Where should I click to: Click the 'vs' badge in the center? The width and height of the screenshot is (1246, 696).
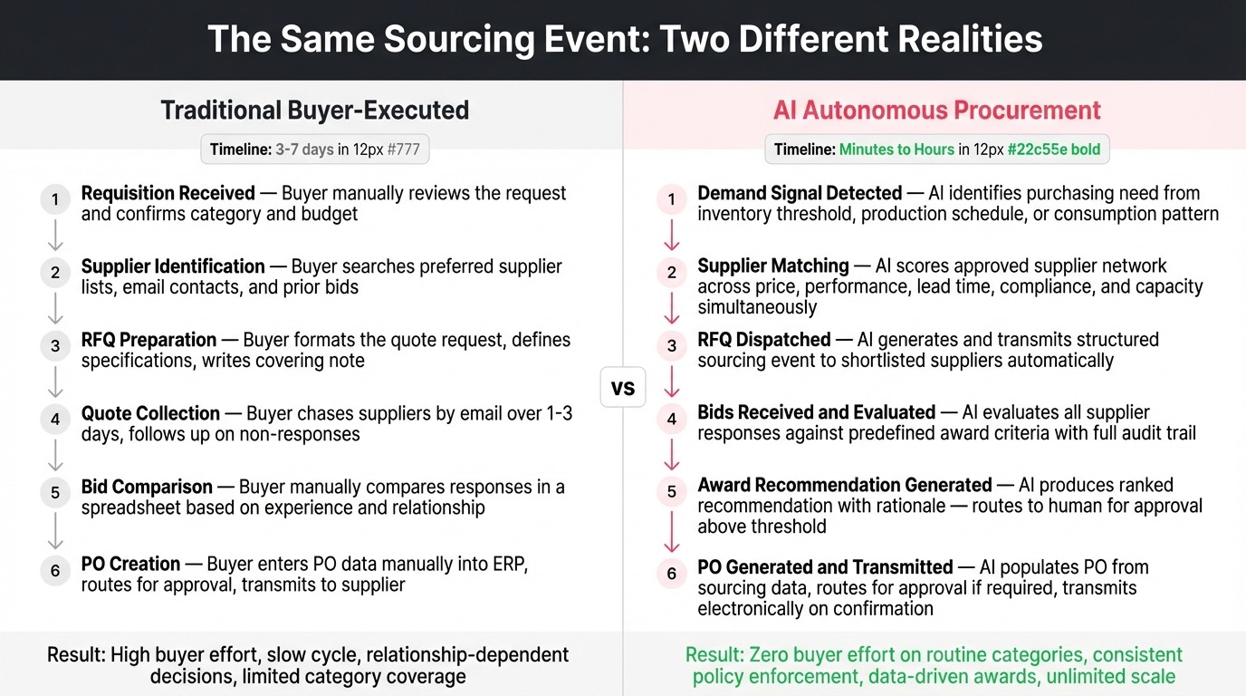(623, 389)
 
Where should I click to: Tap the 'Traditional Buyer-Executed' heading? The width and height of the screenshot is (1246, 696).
(314, 111)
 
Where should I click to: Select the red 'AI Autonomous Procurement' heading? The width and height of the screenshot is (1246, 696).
(936, 111)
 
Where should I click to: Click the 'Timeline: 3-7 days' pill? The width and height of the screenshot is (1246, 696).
(314, 150)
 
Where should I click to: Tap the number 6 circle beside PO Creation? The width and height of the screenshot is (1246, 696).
(55, 570)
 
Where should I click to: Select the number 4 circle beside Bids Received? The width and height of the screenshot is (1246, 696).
(672, 420)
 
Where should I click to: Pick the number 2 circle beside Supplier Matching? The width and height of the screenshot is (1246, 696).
(672, 273)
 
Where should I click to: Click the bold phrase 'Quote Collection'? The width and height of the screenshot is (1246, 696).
(150, 413)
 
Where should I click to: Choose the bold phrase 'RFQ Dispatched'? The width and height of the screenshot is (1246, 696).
(763, 340)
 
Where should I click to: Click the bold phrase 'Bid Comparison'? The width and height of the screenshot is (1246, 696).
(147, 487)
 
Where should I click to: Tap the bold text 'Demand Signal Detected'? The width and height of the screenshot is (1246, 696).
(800, 193)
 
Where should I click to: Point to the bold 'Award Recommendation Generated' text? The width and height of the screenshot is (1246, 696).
(844, 485)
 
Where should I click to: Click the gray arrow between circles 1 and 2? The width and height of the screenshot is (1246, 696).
(55, 236)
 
